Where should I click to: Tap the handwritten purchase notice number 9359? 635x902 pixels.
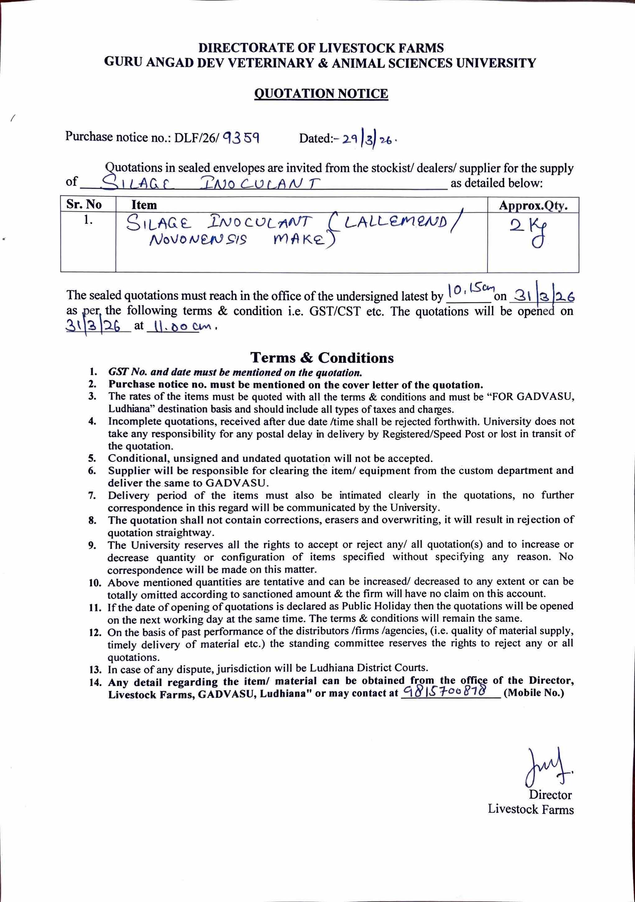240,138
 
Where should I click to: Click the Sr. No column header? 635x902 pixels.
84,204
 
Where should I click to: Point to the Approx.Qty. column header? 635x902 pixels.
533,206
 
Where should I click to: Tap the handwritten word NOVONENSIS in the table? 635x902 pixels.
198,239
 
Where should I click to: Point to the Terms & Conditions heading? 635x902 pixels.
322,358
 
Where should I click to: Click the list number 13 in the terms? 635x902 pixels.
95,668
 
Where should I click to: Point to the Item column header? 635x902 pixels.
144,205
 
